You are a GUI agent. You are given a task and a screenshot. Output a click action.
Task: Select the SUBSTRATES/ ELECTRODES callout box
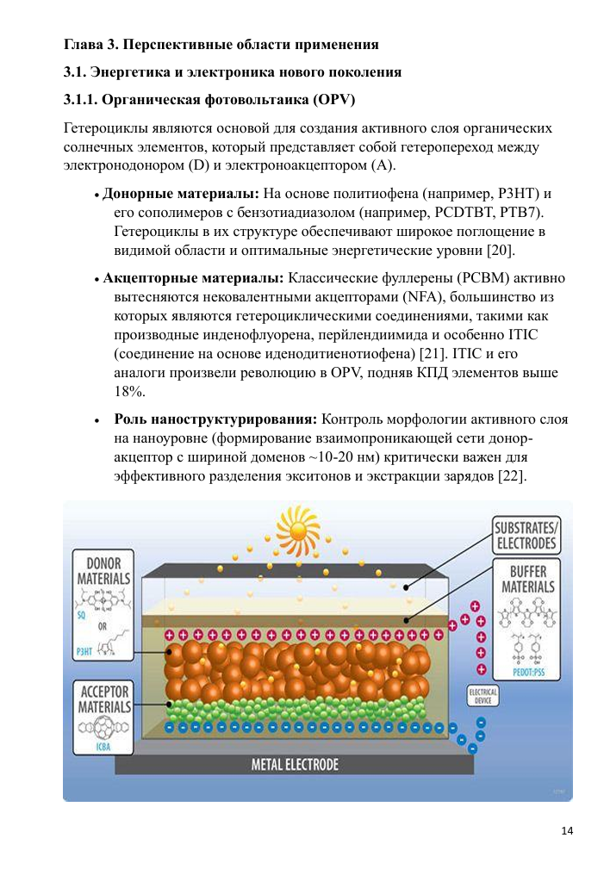click(x=525, y=536)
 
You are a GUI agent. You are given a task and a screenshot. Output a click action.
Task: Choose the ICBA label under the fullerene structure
click(x=102, y=747)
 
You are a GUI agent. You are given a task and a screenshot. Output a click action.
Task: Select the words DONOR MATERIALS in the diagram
click(x=103, y=571)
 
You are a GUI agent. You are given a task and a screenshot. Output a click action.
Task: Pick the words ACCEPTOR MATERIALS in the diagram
click(x=104, y=698)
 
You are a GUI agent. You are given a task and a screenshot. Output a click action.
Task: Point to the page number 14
click(x=566, y=830)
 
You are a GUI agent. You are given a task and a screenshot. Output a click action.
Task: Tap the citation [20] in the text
click(x=499, y=251)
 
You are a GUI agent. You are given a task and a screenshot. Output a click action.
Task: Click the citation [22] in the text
click(x=512, y=476)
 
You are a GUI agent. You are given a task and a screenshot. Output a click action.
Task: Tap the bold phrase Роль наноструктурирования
click(x=215, y=419)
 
